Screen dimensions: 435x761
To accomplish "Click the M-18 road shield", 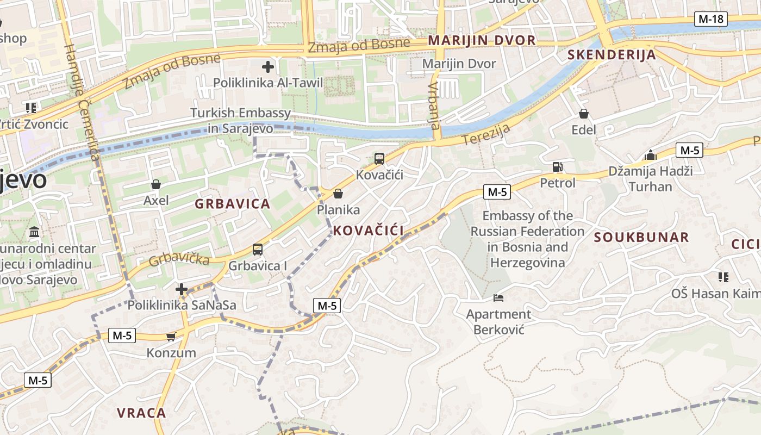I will (x=711, y=19).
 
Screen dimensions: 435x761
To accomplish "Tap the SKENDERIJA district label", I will (x=612, y=55).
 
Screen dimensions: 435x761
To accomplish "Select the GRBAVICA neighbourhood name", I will (x=232, y=204).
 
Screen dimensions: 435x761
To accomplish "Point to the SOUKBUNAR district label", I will (x=641, y=237).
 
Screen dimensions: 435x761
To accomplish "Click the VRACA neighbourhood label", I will (x=141, y=413).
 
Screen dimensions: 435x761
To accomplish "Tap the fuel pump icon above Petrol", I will (x=557, y=167).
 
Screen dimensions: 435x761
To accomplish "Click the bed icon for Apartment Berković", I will (x=498, y=297).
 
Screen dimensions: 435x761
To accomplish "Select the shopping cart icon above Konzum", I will (x=171, y=337).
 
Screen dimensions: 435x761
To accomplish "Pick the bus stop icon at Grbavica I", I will (x=258, y=250).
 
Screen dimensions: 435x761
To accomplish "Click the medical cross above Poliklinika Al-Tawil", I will (x=267, y=67).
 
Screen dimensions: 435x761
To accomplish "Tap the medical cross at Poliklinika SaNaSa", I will (x=182, y=289).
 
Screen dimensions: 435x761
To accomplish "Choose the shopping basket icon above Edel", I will (x=584, y=114).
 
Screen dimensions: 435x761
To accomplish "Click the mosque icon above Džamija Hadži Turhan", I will (x=651, y=156).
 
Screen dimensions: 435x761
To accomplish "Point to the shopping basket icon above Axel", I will (x=156, y=184).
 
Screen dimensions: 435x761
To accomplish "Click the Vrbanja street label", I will (x=433, y=105).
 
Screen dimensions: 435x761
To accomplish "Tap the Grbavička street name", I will (x=179, y=259).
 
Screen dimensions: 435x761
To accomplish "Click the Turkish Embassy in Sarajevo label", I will (x=240, y=121).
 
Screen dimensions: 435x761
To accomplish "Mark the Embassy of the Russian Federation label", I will (x=527, y=239).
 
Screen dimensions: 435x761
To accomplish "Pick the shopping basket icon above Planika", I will (x=338, y=194).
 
